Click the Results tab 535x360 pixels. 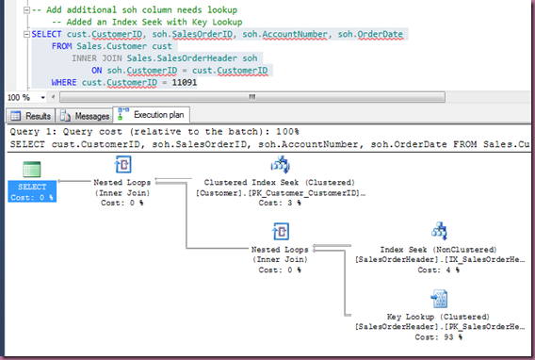tap(31, 116)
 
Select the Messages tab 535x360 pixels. tap(85, 116)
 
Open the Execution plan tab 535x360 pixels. tap(152, 115)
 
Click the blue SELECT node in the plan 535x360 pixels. tap(32, 191)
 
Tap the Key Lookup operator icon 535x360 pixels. tap(439, 299)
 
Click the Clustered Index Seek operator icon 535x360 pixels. tap(280, 165)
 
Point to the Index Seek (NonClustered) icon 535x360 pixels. tap(439, 231)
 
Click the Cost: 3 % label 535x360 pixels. tap(280, 203)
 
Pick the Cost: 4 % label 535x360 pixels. tap(438, 270)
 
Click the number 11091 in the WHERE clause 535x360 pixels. tap(185, 83)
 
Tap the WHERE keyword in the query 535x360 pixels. tap(64, 83)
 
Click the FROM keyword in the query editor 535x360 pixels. tap(62, 46)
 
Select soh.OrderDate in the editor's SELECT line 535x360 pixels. tap(370, 34)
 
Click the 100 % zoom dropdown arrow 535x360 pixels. tap(42, 98)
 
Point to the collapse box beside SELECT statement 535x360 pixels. tap(26, 34)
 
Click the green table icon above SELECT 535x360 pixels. tap(32, 170)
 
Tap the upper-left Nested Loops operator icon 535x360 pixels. tap(122, 165)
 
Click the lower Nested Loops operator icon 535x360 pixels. tap(281, 231)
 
